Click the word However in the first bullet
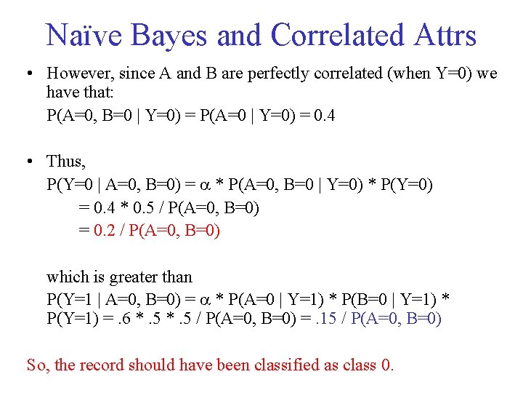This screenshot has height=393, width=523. click(x=78, y=74)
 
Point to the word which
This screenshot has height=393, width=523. click(x=65, y=277)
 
